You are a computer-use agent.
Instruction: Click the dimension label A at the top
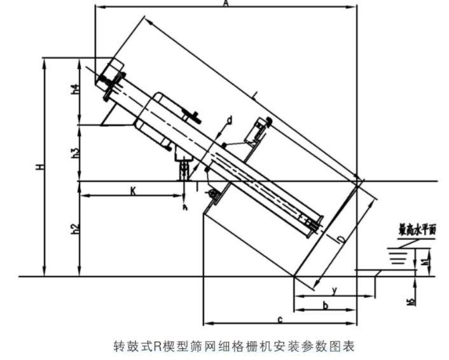tap(226, 4)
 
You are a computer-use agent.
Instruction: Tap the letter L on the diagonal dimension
tap(255, 97)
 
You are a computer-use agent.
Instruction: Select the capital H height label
tap(39, 167)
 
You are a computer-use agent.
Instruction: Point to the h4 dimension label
tap(74, 90)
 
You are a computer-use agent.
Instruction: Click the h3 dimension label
tap(74, 153)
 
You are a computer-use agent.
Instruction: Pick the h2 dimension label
tap(74, 230)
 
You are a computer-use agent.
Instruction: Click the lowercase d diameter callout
tap(229, 120)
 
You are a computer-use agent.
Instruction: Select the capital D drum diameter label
tap(342, 239)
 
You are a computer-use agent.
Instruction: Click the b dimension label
tap(326, 306)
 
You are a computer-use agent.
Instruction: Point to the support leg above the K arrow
tap(184, 169)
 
